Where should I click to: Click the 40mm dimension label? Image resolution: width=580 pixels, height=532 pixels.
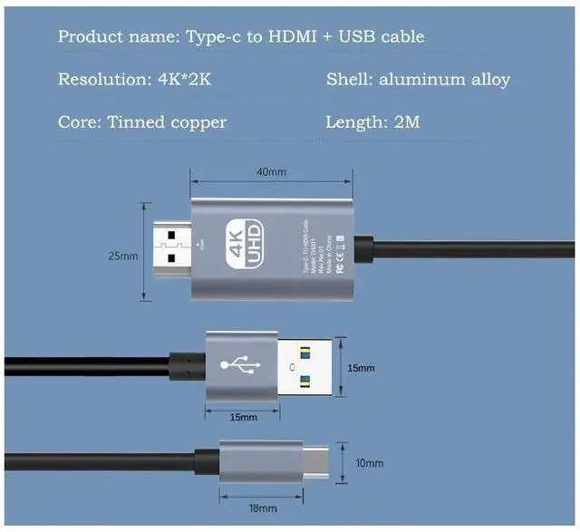click(x=270, y=172)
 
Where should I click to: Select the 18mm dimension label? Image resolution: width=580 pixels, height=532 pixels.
click(x=261, y=508)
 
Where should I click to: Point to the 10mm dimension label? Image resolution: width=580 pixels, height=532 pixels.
click(x=369, y=463)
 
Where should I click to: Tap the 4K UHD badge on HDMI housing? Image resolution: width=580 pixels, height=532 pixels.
click(x=247, y=244)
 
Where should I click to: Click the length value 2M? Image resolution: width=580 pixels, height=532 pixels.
click(x=406, y=121)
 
